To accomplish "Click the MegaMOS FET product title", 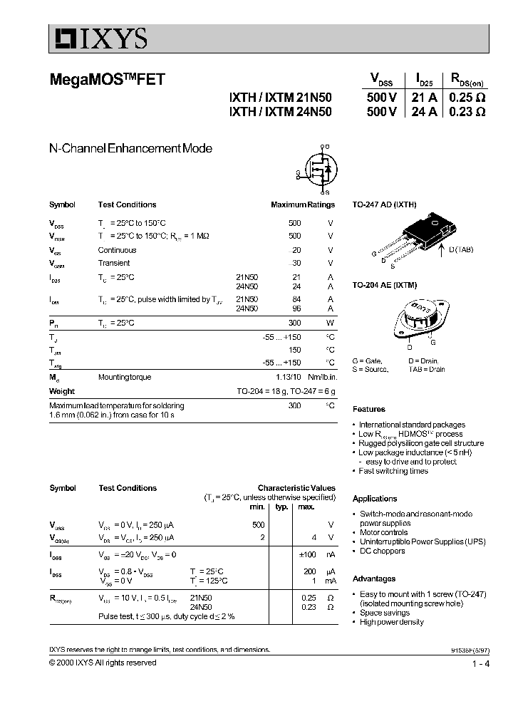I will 107,80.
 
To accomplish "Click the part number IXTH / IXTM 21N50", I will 279,98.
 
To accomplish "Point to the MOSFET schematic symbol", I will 318,170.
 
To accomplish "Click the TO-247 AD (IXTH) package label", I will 385,204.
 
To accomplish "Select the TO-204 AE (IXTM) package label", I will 384,284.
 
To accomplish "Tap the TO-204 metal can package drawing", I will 418,318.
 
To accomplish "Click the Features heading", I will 368,409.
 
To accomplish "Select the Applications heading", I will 374,499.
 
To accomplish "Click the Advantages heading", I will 373,579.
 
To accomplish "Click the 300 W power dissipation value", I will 294,323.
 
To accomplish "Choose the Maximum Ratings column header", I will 302,204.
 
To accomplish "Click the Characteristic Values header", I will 296,488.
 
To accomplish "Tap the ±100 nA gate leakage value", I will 306,554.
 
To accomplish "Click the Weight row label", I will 62,391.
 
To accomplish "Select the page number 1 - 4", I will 480,664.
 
